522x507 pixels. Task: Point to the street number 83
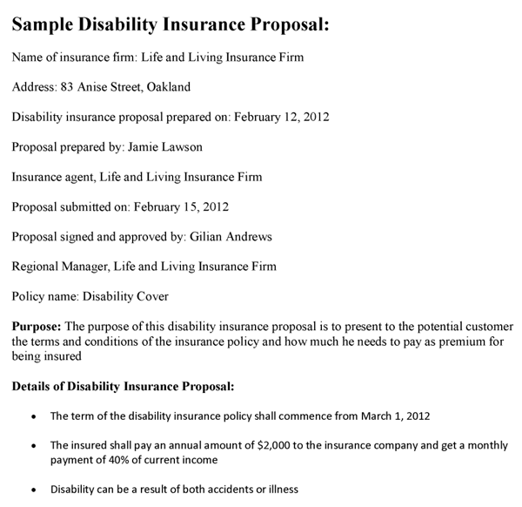[x=66, y=87]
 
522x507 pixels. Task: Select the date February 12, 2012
[x=283, y=117]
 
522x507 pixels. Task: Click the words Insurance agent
[x=50, y=177]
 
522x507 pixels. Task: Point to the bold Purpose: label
[x=36, y=327]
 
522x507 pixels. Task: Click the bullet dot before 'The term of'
[x=33, y=416]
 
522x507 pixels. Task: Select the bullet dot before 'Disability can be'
[x=33, y=490]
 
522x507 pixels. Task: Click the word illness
[x=279, y=490]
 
